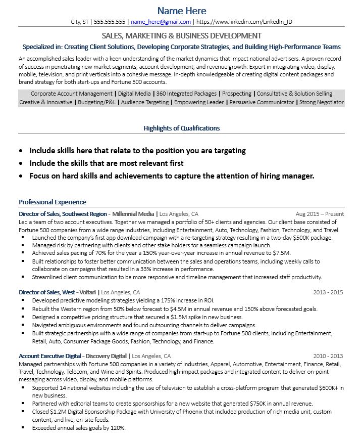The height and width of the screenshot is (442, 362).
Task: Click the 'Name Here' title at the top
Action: (x=182, y=11)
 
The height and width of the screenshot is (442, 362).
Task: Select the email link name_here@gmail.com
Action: (x=161, y=22)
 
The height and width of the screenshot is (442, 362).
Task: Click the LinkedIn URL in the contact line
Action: (x=244, y=22)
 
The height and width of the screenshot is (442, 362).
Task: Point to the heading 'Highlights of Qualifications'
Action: (x=181, y=128)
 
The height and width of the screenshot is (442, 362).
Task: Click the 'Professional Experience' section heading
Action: (x=53, y=202)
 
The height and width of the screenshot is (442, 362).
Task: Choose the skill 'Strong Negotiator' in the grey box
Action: (x=322, y=102)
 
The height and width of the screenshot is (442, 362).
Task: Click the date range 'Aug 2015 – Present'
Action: (x=319, y=214)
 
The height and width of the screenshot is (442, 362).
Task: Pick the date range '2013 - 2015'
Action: (x=328, y=292)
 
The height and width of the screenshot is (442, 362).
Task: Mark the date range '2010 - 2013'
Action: (x=328, y=356)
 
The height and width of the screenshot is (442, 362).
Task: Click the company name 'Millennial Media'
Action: (x=133, y=214)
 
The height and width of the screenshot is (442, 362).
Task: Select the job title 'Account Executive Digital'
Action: (x=49, y=356)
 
